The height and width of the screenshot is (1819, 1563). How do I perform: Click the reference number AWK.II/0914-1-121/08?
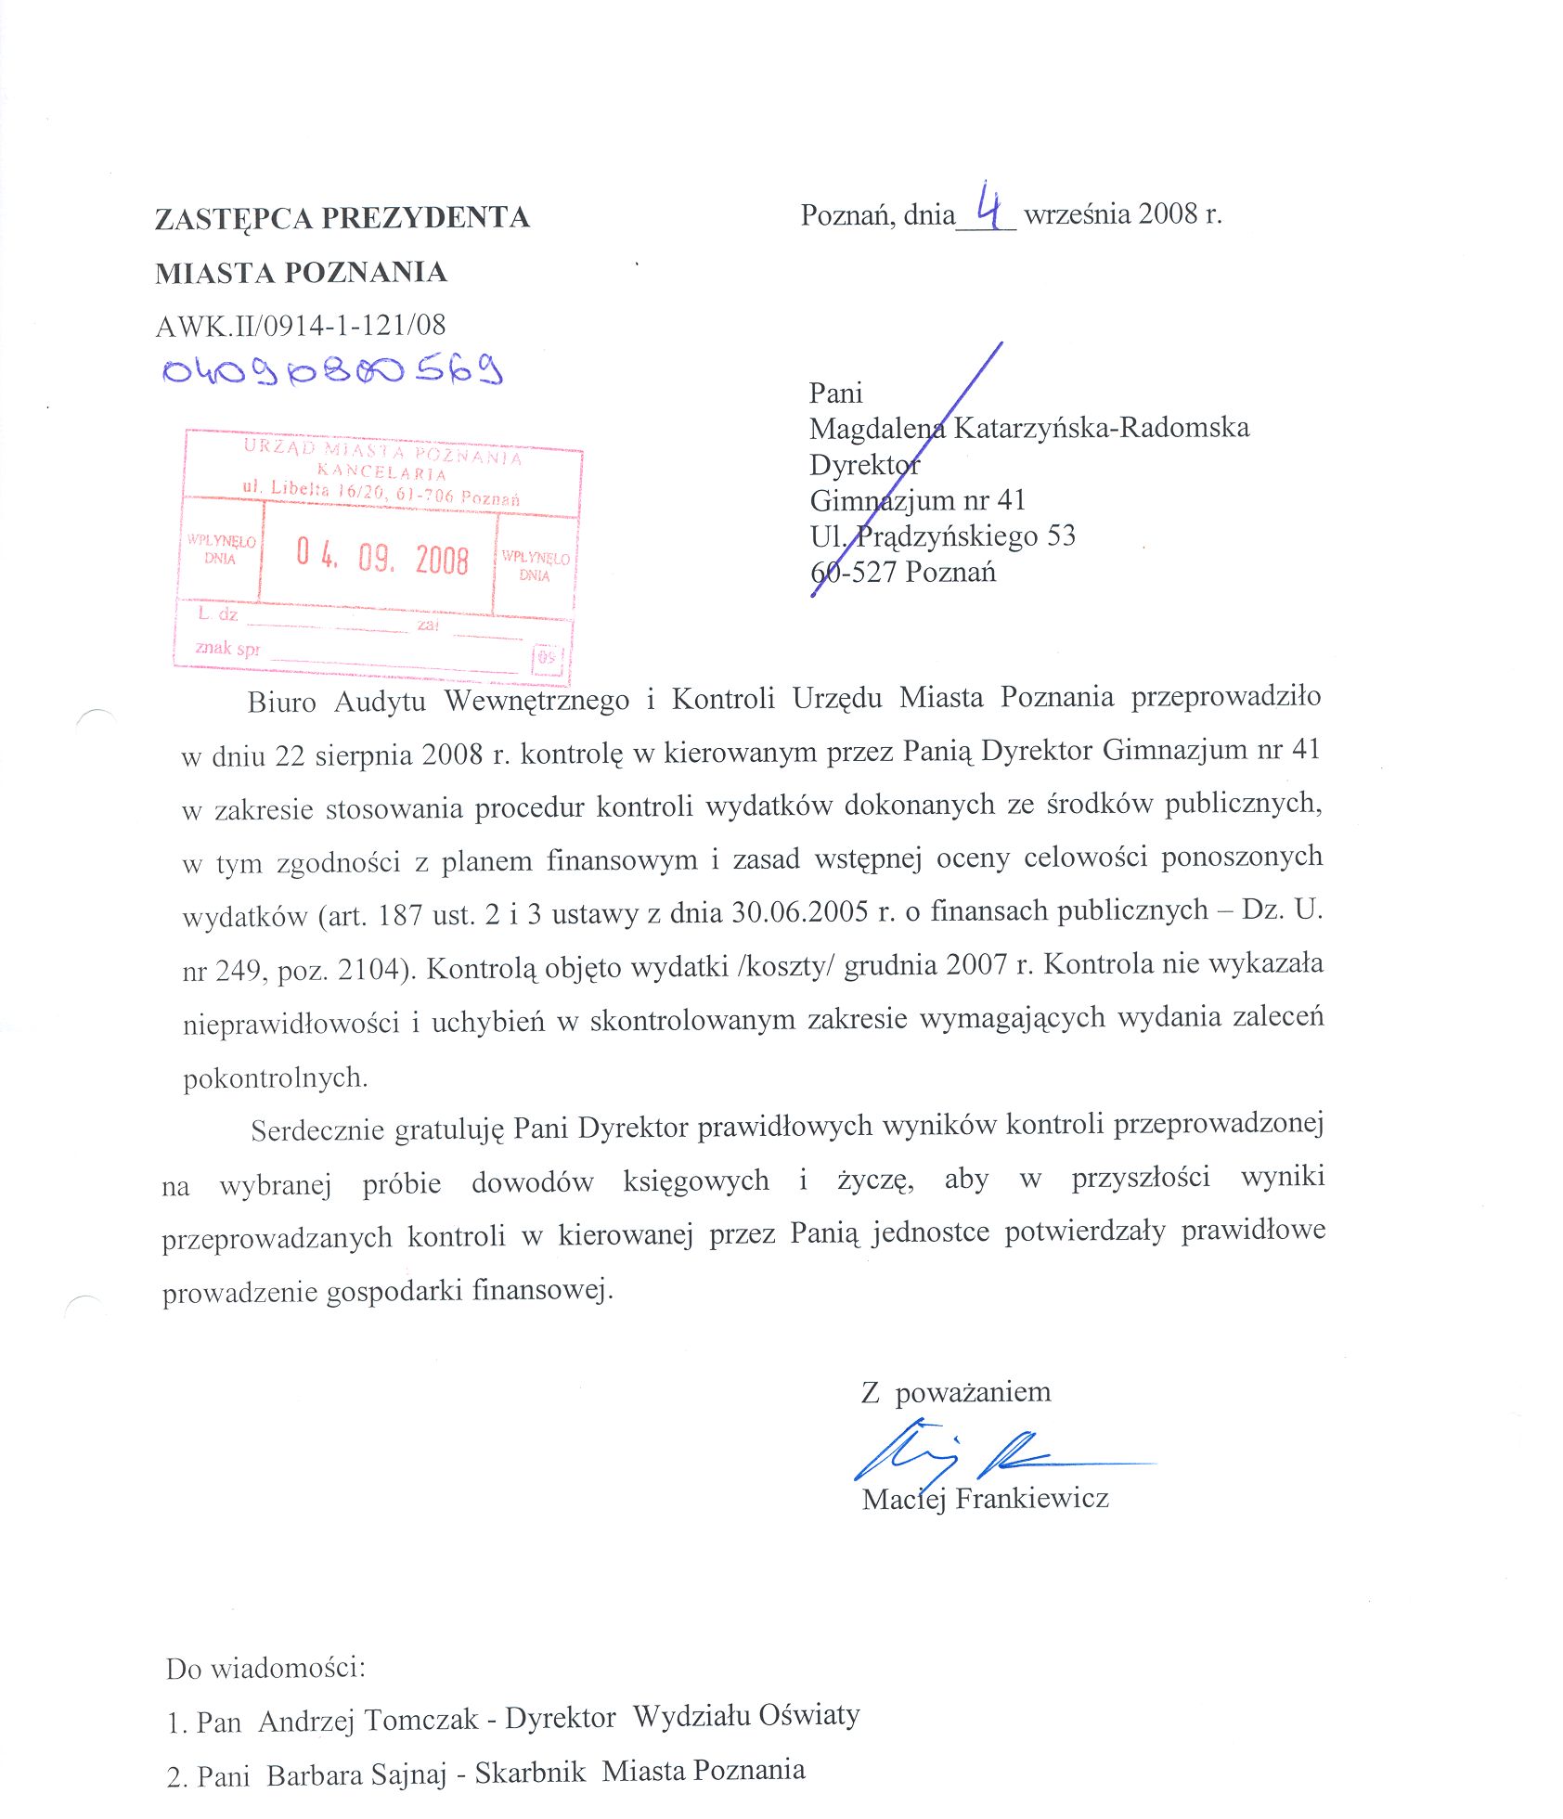[x=301, y=325]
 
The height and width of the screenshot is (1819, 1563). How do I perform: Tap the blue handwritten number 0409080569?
[x=332, y=370]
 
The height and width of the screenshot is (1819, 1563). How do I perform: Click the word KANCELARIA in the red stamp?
[x=381, y=471]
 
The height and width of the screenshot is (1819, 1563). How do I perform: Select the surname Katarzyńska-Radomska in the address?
[x=1101, y=428]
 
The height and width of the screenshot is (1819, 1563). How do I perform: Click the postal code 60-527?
[x=853, y=572]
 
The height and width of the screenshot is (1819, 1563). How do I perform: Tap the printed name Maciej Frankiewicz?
[x=985, y=1498]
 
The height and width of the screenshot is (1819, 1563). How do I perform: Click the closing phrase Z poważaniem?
[x=956, y=1392]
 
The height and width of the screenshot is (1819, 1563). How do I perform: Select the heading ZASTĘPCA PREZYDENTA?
[x=342, y=218]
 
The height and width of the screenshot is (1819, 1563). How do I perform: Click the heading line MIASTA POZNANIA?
[x=301, y=273]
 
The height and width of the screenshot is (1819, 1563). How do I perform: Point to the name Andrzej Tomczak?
[x=368, y=1721]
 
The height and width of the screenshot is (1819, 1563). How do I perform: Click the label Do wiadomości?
[x=265, y=1668]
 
